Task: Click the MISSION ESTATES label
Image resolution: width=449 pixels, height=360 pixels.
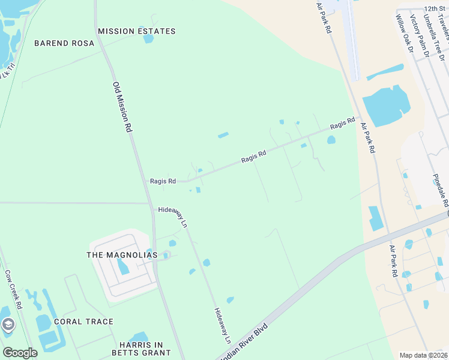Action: pyautogui.click(x=136, y=31)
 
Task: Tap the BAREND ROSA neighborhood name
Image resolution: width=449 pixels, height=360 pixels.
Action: pyautogui.click(x=64, y=43)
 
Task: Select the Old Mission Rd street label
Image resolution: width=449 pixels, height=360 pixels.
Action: pyautogui.click(x=121, y=107)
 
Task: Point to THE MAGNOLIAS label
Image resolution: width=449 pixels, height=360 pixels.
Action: pyautogui.click(x=122, y=255)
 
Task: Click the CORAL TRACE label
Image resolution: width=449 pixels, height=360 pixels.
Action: pyautogui.click(x=83, y=322)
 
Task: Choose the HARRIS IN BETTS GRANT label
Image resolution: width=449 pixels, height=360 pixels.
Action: pyautogui.click(x=141, y=349)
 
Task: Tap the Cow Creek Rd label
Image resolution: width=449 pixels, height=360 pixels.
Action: pyautogui.click(x=13, y=289)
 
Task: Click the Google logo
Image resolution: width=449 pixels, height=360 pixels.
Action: pyautogui.click(x=20, y=352)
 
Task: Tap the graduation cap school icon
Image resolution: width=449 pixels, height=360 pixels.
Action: pyautogui.click(x=8, y=325)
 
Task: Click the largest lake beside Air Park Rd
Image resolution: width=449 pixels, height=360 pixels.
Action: pyautogui.click(x=385, y=107)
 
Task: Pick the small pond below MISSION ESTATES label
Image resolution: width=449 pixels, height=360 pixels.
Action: pyautogui.click(x=148, y=39)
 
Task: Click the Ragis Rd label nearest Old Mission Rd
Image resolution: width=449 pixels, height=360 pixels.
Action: pyautogui.click(x=163, y=181)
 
